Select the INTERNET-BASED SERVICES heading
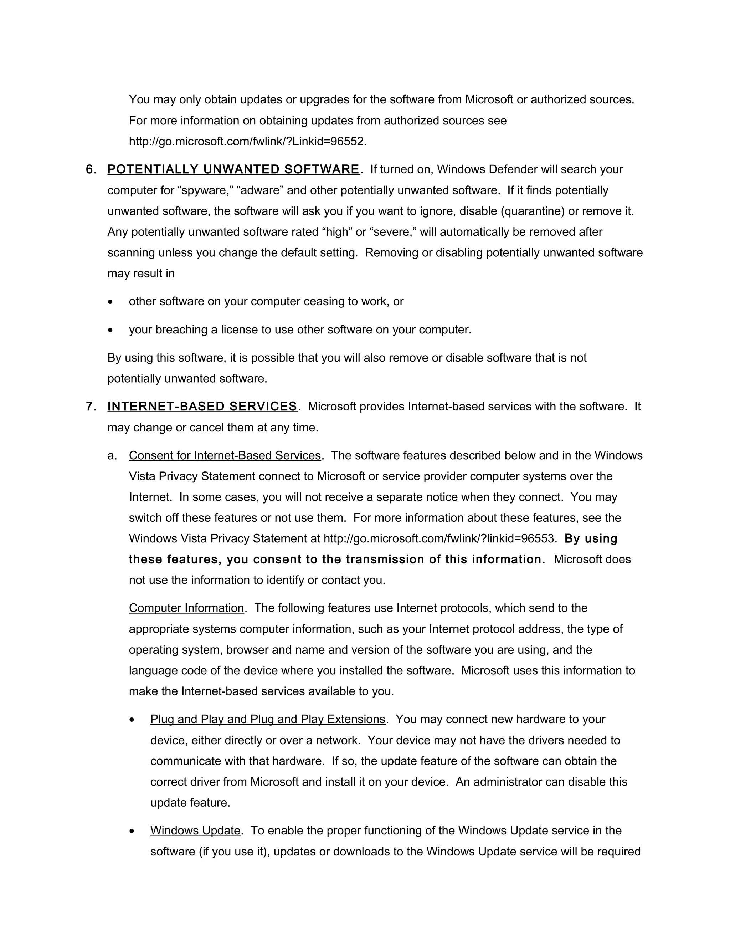(x=202, y=407)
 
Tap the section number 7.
(x=91, y=407)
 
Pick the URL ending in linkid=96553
(x=438, y=539)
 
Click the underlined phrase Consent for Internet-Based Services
(x=225, y=456)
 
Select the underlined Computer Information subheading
(x=186, y=608)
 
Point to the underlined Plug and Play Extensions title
(x=268, y=720)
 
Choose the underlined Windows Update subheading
(x=195, y=831)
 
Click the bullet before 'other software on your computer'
(x=111, y=302)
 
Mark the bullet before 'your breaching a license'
(x=111, y=330)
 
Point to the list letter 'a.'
(x=112, y=456)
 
